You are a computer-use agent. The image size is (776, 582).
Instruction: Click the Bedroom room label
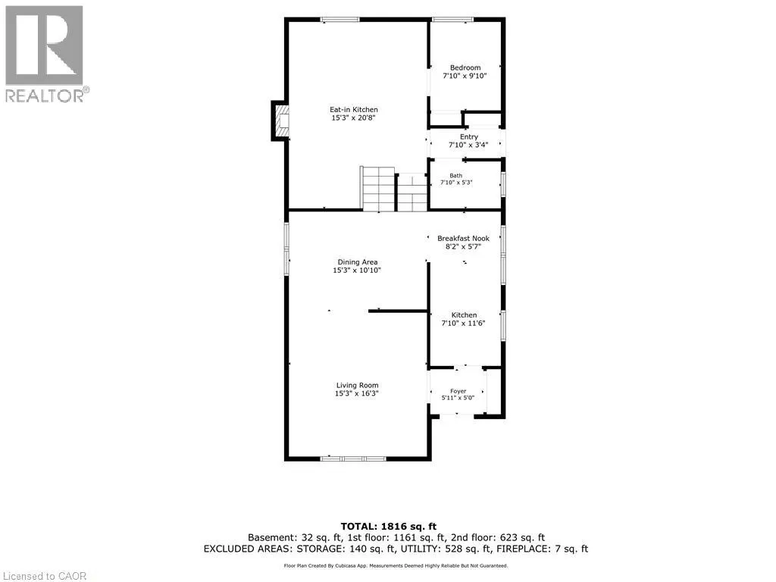(x=465, y=67)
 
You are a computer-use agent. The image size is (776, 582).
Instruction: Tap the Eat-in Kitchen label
(x=354, y=109)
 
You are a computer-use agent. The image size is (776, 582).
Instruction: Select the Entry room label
(x=469, y=136)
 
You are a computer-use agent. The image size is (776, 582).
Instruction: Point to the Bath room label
(x=455, y=176)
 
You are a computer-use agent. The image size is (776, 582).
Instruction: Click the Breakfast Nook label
(x=463, y=238)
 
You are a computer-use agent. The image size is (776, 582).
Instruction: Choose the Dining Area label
(x=358, y=261)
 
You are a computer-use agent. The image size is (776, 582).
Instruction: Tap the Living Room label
(x=358, y=385)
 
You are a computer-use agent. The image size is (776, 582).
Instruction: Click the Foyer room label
(x=458, y=391)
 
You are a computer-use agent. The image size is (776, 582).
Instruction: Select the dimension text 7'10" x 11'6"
(x=463, y=323)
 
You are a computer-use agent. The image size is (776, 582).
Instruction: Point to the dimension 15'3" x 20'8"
(x=353, y=117)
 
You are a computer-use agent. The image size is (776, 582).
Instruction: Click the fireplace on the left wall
(x=280, y=120)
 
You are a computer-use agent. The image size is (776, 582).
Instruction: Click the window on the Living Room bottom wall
(x=353, y=458)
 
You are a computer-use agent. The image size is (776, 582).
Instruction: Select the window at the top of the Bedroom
(x=452, y=19)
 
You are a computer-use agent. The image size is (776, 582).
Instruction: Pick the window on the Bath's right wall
(x=503, y=184)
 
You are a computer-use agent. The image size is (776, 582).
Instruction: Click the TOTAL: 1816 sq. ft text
(x=389, y=527)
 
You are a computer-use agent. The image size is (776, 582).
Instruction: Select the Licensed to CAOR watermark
(x=45, y=576)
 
